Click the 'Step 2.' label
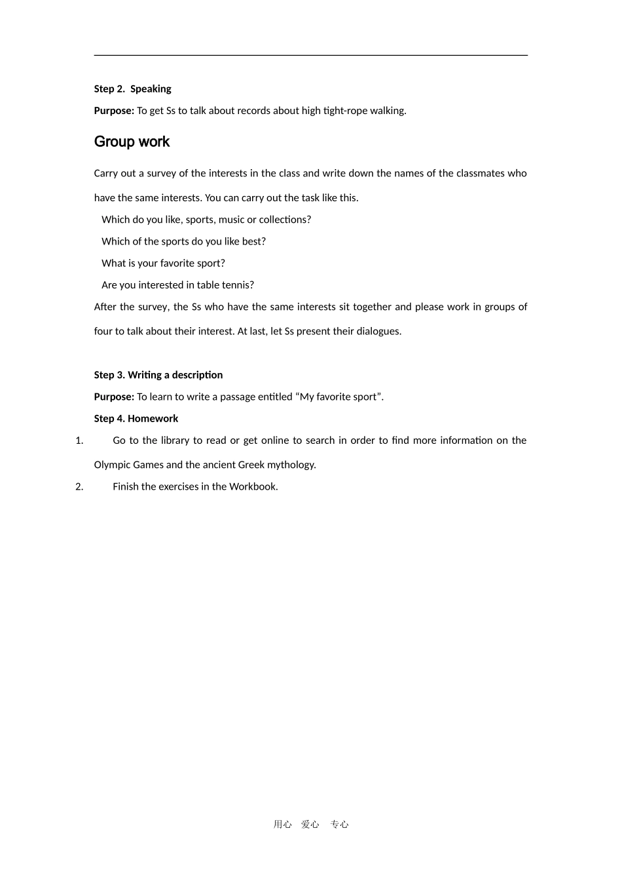[109, 89]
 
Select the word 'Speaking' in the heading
[151, 89]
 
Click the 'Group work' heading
[132, 142]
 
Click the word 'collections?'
[285, 220]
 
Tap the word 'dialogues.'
[379, 332]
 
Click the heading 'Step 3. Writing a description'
[158, 375]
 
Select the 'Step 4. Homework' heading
[136, 419]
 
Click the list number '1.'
[79, 440]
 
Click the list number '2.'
[79, 486]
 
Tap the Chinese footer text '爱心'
[310, 825]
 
